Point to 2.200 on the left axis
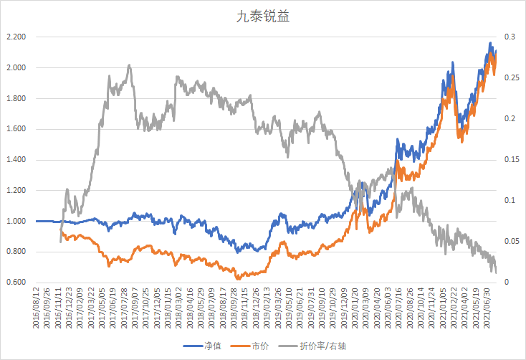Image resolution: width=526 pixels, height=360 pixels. pos(16,37)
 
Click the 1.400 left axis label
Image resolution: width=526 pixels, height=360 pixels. pos(16,160)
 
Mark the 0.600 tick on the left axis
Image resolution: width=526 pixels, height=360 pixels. pos(16,283)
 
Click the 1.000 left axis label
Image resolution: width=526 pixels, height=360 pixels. pos(16,221)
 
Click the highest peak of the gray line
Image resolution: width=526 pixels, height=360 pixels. pos(129,65)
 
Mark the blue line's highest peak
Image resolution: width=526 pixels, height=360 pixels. pos(490,43)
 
